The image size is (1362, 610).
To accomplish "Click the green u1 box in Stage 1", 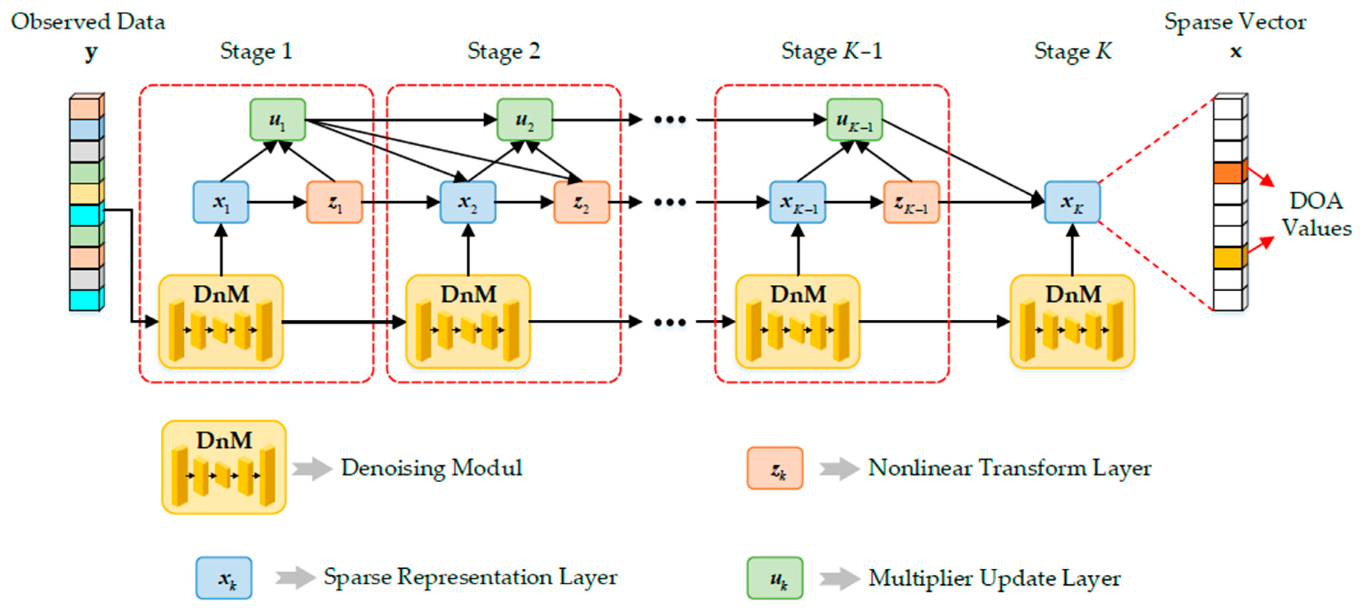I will [278, 119].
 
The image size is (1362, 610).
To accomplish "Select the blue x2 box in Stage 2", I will [467, 202].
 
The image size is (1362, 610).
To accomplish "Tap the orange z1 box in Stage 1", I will [334, 202].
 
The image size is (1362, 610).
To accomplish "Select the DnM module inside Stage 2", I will [467, 321].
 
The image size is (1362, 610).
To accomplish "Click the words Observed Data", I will [88, 22].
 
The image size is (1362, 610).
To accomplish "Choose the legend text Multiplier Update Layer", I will [994, 578].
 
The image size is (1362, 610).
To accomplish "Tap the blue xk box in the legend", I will [223, 578].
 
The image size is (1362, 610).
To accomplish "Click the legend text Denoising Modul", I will [431, 468].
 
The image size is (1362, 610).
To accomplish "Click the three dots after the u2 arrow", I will [669, 119].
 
